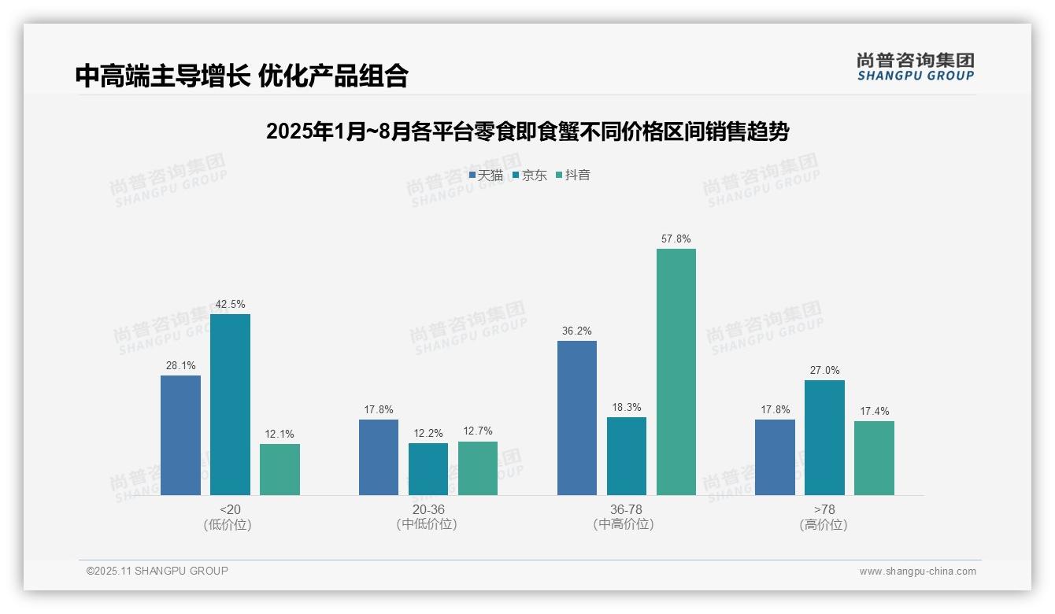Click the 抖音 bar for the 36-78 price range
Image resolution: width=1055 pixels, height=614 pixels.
click(676, 372)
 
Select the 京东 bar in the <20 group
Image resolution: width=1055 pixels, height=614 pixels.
click(230, 404)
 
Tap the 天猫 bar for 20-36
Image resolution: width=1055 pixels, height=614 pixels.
click(379, 457)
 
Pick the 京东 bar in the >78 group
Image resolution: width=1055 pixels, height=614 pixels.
click(824, 437)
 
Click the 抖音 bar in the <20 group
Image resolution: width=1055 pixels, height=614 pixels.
click(279, 469)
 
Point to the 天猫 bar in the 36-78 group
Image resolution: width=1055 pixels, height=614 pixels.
click(577, 417)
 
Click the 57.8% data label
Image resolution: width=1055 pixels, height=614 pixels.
click(676, 239)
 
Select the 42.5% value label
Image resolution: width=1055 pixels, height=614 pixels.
click(230, 304)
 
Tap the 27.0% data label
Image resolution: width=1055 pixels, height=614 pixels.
click(824, 370)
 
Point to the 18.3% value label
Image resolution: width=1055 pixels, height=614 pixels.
click(627, 407)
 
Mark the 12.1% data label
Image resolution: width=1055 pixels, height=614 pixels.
click(279, 434)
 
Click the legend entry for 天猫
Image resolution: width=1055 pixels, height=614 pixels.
click(486, 176)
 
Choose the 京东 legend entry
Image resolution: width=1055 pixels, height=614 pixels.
click(530, 176)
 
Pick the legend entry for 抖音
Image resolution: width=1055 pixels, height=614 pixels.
click(573, 176)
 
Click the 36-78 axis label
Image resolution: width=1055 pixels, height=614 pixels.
click(626, 509)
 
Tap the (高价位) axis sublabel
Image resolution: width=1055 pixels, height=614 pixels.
click(824, 524)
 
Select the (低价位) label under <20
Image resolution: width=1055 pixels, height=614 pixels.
click(228, 524)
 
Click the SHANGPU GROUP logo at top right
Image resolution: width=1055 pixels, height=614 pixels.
click(915, 67)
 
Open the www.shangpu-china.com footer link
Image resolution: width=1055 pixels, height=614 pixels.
click(917, 571)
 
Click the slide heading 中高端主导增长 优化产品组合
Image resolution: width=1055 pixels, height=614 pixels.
click(242, 76)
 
